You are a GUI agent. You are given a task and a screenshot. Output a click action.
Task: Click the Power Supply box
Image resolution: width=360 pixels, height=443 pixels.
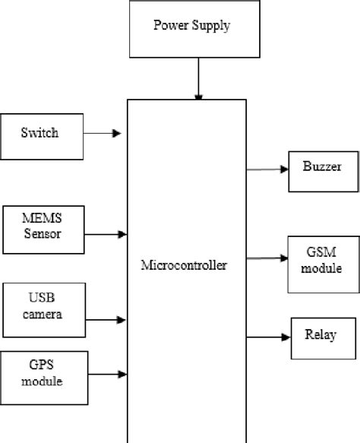[191, 30]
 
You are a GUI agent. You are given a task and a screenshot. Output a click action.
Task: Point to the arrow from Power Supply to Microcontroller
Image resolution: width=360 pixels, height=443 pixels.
[199, 79]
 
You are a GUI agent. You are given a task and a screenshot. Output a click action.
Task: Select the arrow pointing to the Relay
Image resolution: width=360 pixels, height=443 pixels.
[269, 335]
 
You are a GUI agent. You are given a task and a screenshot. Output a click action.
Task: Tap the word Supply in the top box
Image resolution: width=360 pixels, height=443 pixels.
[211, 27]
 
